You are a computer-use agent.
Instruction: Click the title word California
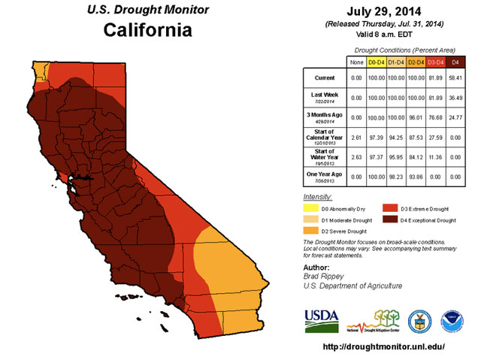(147, 30)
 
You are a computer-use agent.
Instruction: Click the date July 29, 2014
(385, 11)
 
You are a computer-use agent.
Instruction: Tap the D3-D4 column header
(434, 61)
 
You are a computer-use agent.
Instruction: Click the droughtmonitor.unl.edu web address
(385, 347)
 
